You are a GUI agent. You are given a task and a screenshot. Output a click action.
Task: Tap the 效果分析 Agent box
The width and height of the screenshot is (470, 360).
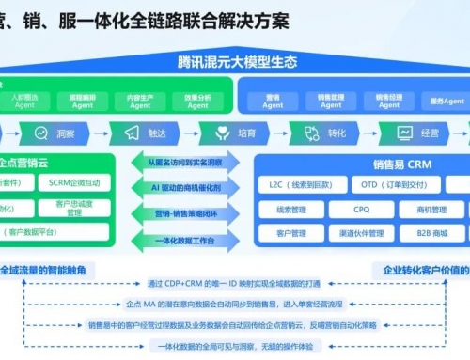pos(197,100)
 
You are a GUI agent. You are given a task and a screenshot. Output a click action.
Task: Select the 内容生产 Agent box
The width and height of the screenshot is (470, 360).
pos(144,100)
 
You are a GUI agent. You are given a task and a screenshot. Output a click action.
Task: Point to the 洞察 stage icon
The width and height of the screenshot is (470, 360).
pos(38,133)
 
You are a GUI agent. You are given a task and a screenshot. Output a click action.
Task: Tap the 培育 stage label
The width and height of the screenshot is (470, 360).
pos(245,133)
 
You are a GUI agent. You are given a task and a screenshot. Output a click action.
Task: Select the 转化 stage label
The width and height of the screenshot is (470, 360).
pos(337,133)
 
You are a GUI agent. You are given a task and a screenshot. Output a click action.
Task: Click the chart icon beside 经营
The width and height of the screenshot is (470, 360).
pos(404,133)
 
